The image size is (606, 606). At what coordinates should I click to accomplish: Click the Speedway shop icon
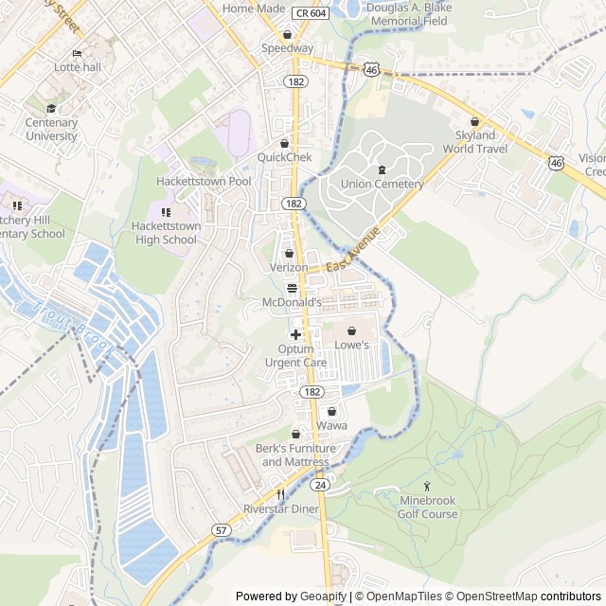coord(287,35)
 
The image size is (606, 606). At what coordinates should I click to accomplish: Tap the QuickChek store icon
coord(283,143)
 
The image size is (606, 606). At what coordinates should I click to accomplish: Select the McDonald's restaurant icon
coord(291,288)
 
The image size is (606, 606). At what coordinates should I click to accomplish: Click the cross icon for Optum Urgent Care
coord(295,334)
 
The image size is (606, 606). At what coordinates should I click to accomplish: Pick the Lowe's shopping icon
coord(352,331)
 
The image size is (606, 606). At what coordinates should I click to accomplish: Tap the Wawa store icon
coord(331,411)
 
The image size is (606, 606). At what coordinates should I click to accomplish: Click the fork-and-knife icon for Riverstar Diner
coord(280,494)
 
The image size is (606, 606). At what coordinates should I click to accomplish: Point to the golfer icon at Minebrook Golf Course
coord(426,486)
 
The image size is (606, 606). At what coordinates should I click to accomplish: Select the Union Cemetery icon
coord(382,169)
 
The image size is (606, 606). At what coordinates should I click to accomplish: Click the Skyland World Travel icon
coord(475,121)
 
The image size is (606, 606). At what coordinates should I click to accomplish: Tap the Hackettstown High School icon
coord(166,212)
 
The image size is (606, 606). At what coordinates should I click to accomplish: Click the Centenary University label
coord(51,130)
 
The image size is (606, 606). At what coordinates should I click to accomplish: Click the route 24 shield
coord(320,485)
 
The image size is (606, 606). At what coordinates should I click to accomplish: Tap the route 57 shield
coord(221,529)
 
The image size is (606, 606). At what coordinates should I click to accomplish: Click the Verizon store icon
coord(289,254)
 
